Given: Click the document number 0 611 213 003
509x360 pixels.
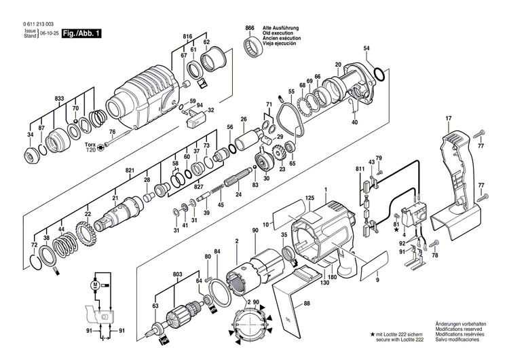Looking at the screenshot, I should tap(32, 24).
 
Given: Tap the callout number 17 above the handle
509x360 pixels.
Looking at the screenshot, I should tap(448, 120).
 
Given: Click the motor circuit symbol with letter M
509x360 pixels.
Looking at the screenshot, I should tap(96, 284).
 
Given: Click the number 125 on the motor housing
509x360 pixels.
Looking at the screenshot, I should tap(309, 198).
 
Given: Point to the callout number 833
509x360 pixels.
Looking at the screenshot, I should tap(60, 99).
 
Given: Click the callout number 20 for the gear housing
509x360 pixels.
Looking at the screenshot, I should tap(337, 65).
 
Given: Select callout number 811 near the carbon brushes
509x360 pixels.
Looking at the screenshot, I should tap(360, 167).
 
